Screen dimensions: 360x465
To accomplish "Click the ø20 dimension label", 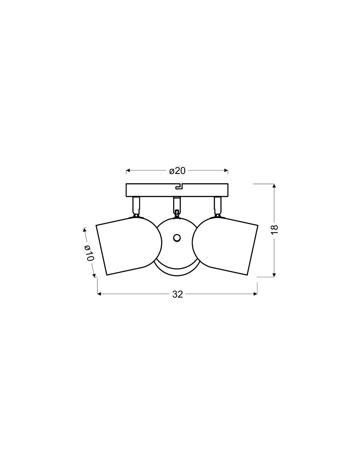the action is tap(177, 171).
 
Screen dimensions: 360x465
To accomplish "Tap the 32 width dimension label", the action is tap(177, 294).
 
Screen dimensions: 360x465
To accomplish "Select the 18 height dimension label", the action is tap(275, 230).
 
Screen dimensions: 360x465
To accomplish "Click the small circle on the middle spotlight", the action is tap(177, 238).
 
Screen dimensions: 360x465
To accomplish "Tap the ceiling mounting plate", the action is tap(177, 190).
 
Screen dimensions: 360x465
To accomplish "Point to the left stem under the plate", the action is tap(136, 206).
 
